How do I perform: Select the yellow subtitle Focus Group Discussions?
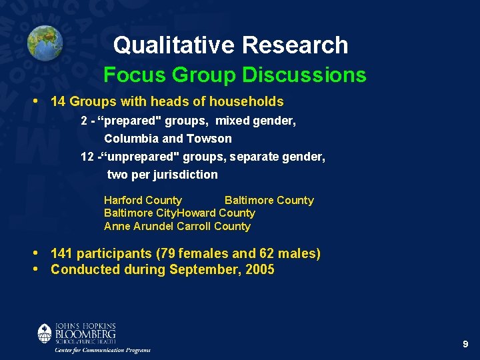pos(235,75)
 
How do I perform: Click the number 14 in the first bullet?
pos(58,102)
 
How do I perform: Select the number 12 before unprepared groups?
pos(87,157)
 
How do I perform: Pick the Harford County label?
pos(143,200)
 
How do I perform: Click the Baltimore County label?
pos(269,200)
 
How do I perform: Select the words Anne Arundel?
pos(139,226)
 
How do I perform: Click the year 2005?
pos(260,270)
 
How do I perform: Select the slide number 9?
pos(465,344)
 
